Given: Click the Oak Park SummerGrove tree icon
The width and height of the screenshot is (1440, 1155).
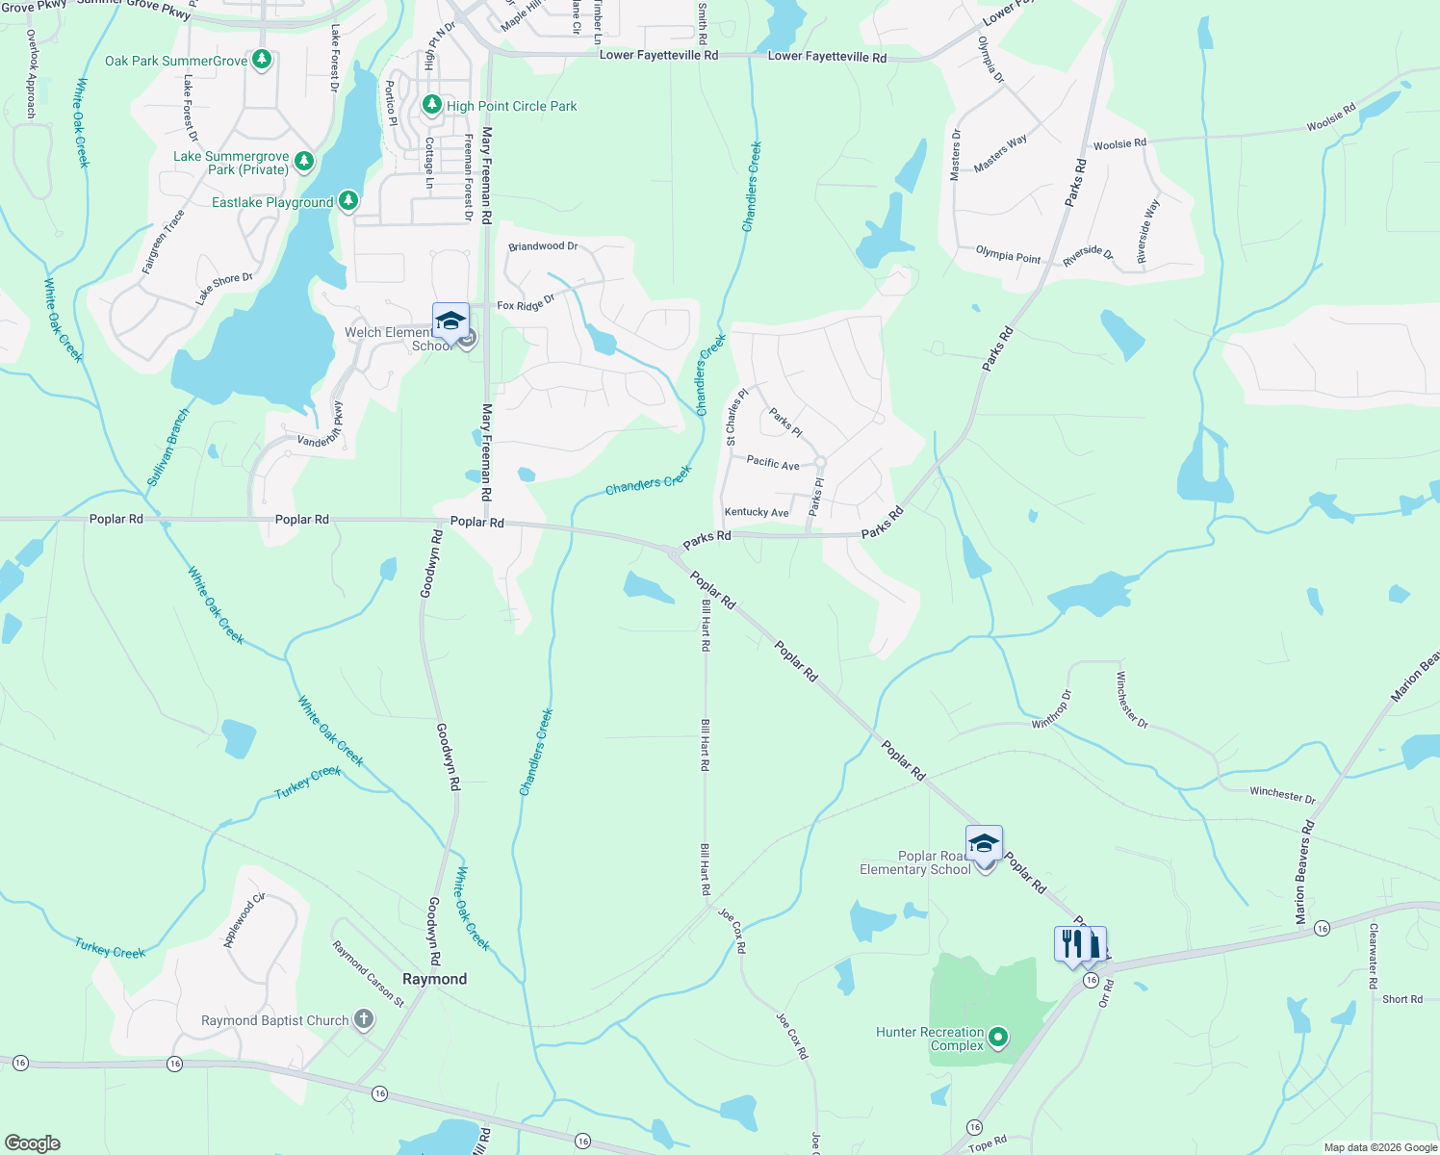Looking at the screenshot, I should pos(261,60).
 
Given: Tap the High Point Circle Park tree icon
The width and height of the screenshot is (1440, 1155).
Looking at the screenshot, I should pos(432,105).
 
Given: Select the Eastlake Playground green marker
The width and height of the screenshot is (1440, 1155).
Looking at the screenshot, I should pos(348,201).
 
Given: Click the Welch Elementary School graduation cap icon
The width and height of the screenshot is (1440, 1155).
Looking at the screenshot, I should pos(450,321).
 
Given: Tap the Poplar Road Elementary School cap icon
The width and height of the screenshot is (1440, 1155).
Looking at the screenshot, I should pos(984,844).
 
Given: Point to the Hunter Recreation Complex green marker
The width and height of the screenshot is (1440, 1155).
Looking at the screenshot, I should pos(998,1038).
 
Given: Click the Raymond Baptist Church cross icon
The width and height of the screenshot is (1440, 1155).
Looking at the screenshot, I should pos(363,1020).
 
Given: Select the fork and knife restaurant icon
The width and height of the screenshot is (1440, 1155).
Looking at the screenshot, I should pos(1071,944).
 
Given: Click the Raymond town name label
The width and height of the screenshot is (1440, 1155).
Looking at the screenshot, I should pos(434,979).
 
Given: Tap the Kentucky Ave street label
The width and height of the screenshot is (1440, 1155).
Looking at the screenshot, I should pos(757,512).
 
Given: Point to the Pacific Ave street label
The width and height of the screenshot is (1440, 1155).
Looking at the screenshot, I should pos(773,463).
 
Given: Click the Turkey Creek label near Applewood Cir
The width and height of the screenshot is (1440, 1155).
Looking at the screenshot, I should pos(110,949).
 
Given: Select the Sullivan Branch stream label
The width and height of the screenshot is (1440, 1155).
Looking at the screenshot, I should pos(168,447).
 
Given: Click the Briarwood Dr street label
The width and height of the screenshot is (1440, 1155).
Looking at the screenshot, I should pos(543,246).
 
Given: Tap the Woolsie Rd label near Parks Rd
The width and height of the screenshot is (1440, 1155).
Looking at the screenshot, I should pos(1119,144).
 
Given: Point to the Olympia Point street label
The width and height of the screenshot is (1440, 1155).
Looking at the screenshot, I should pos(1008,255).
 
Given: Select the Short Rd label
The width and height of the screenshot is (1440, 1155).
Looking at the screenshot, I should pos(1401,999).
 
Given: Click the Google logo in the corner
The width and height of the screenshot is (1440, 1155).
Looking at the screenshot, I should pos(32,1143).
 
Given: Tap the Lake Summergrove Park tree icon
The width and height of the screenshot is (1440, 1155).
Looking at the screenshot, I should pos(304,161).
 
